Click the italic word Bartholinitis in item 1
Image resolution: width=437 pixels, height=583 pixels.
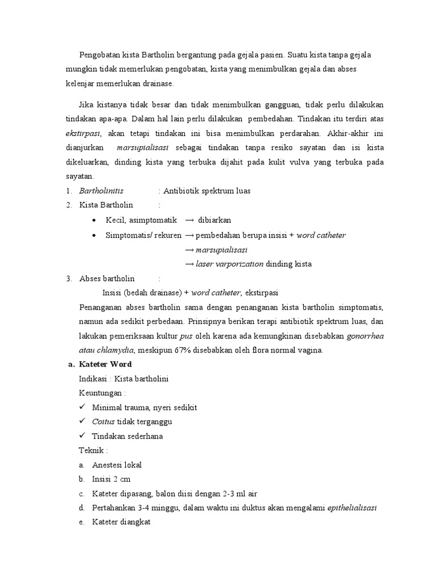pyautogui.click(x=101, y=191)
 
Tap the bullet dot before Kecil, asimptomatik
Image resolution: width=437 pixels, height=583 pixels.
pyautogui.click(x=94, y=220)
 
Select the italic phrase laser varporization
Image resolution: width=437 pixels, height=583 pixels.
pyautogui.click(x=229, y=264)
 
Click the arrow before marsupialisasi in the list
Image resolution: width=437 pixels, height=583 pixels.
pyautogui.click(x=189, y=249)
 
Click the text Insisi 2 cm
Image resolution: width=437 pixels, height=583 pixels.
pyautogui.click(x=112, y=479)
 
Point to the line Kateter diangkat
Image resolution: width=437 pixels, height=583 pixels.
pyautogui.click(x=121, y=523)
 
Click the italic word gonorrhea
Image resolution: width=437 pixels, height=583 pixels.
pyautogui.click(x=365, y=336)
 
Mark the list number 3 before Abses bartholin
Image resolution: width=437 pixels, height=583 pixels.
pyautogui.click(x=68, y=278)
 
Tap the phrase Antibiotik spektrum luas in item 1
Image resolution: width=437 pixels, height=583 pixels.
pyautogui.click(x=207, y=191)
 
